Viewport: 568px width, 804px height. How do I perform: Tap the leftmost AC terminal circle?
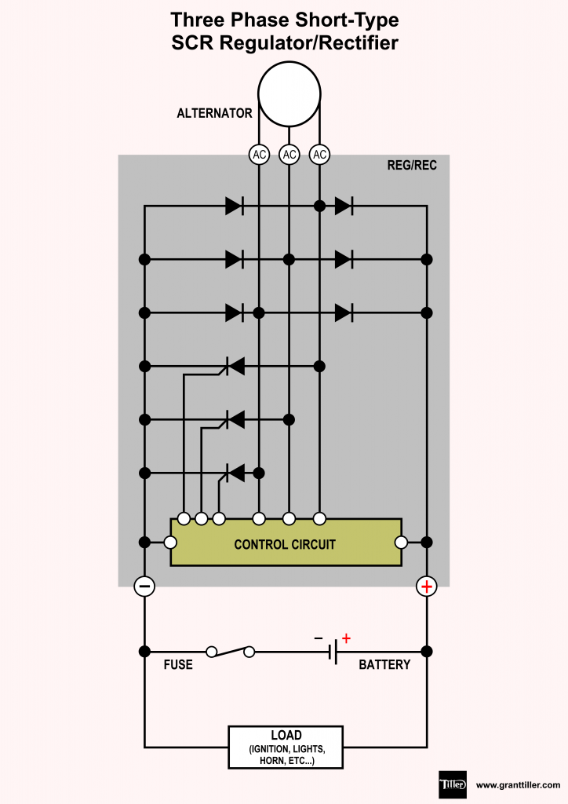259,155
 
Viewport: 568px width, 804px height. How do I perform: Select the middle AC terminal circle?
289,155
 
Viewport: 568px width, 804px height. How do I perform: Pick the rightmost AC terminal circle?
319,155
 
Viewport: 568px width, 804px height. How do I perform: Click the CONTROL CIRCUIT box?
286,543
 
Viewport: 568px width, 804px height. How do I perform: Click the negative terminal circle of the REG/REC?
144,586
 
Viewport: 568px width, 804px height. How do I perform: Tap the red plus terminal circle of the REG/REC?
426,586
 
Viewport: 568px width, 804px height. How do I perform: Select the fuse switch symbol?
231,651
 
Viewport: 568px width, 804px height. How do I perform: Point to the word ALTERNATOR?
214,113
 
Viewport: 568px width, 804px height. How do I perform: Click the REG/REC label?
412,166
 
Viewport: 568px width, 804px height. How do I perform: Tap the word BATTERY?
384,665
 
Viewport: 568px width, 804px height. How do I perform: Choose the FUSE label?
178,665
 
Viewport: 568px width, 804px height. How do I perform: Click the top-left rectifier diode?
234,206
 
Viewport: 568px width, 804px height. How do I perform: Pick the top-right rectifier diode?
343,206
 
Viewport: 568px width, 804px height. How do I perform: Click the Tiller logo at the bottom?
453,784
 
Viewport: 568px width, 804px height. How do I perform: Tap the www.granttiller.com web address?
518,784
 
